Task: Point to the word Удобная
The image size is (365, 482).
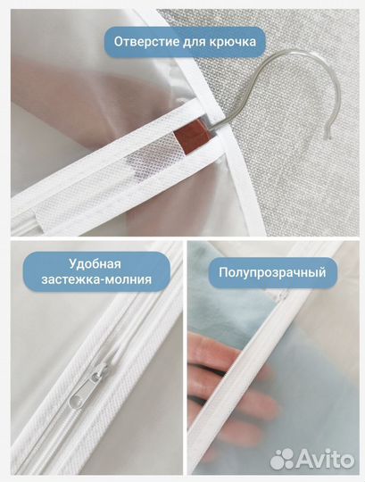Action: [x=94, y=264]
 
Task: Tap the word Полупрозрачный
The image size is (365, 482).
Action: [x=268, y=271]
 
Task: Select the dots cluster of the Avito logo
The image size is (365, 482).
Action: [x=283, y=459]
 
